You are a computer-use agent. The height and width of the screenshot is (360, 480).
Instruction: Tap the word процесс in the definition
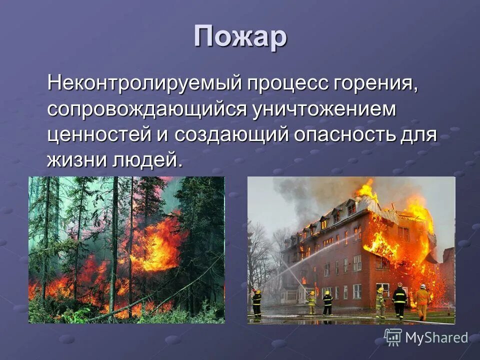[283, 82]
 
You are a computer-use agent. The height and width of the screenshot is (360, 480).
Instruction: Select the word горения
[374, 82]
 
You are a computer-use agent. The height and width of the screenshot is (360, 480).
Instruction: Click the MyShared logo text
[436, 337]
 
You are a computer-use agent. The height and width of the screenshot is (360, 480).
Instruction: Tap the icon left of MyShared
[393, 337]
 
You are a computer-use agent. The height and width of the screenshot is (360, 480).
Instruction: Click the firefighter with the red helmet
[399, 300]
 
